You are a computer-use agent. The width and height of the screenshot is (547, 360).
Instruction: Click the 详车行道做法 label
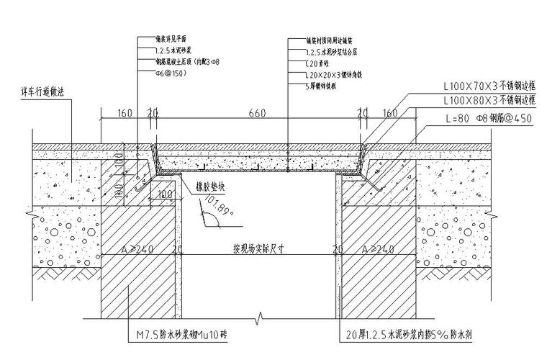44,93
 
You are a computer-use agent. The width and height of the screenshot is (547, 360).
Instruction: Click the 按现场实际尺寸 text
259,249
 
